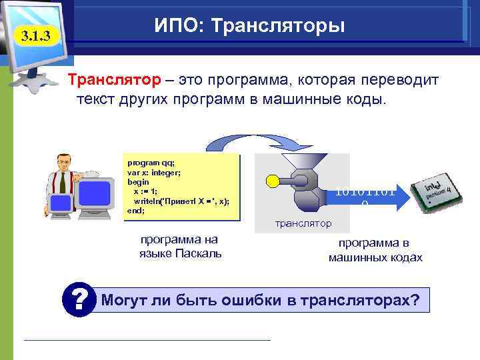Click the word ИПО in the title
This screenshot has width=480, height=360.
pos(175,27)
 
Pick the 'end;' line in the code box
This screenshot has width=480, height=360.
pos(135,211)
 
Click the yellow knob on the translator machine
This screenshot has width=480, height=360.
pos(271,180)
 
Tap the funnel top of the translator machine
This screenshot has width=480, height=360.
pos(301,162)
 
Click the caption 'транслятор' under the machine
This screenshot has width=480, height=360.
pos(303,223)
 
